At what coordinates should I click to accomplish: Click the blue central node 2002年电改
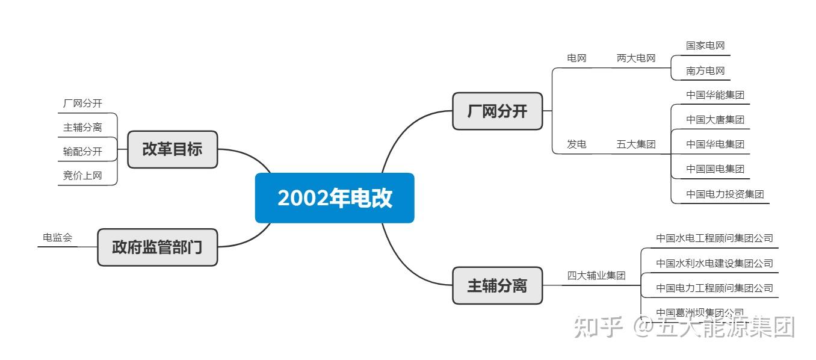click(x=335, y=198)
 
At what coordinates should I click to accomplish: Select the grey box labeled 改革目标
click(x=172, y=149)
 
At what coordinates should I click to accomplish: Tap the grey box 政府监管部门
click(x=157, y=247)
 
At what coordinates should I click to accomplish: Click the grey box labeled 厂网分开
click(x=497, y=111)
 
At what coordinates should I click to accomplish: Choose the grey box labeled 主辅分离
click(x=497, y=285)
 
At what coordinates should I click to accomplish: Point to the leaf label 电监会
click(x=57, y=238)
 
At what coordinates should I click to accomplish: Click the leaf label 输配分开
click(x=82, y=152)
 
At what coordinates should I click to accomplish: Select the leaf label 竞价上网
click(x=82, y=176)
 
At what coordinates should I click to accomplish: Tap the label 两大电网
click(x=635, y=58)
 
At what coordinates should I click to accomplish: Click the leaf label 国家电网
click(x=705, y=46)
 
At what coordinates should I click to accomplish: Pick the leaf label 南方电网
click(x=705, y=71)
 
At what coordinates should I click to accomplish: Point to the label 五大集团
click(x=635, y=144)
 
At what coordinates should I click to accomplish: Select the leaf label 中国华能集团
click(x=715, y=95)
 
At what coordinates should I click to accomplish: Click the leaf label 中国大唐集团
click(x=715, y=120)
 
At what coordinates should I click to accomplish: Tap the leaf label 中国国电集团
click(x=715, y=169)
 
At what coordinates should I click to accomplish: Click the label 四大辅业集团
click(x=596, y=276)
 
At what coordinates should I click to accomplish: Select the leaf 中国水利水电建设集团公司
click(x=714, y=264)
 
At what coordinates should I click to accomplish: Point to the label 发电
click(x=576, y=144)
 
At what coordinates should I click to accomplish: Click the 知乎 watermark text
click(x=597, y=327)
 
